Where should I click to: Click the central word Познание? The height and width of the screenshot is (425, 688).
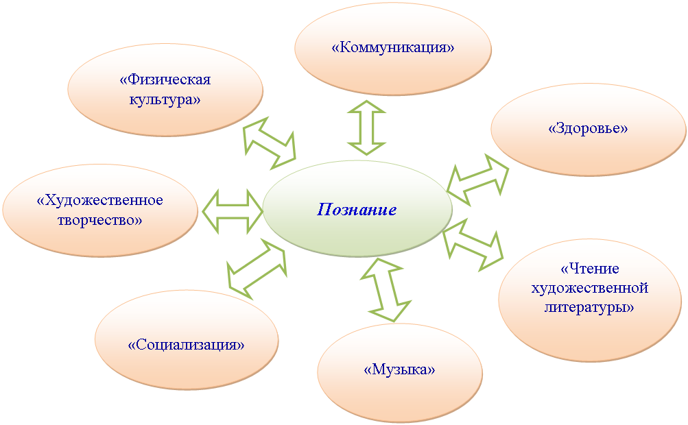[x=357, y=210]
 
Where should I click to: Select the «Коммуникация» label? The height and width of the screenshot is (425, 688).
[x=393, y=47]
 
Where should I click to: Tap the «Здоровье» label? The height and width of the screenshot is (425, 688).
[x=588, y=128]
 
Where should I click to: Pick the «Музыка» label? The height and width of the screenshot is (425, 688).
[x=399, y=369]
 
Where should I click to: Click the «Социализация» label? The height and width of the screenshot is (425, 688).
[x=186, y=345]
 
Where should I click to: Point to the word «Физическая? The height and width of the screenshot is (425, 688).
[x=165, y=80]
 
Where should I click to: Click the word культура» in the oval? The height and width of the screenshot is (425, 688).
[x=165, y=99]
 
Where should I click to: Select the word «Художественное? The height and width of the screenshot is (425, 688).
[x=100, y=200]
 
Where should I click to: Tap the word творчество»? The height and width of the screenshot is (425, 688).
[x=100, y=220]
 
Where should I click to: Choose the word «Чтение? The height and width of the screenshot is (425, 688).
[x=590, y=268]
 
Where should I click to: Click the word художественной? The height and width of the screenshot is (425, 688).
[x=590, y=288]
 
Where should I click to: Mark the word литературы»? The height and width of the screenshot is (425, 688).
[x=589, y=308]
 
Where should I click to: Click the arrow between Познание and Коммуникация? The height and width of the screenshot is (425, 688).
[x=366, y=127]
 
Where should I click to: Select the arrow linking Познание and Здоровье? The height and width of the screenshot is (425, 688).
[x=478, y=180]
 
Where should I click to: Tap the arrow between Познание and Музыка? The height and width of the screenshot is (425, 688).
[x=385, y=290]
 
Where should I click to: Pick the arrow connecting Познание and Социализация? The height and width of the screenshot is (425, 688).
[x=257, y=269]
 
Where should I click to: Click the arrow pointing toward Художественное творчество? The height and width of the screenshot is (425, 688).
[x=232, y=211]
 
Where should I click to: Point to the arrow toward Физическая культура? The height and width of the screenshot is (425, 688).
[x=270, y=143]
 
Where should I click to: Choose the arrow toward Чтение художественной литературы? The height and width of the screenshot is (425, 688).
[x=473, y=244]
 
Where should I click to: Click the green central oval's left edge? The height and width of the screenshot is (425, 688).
[x=263, y=210]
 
